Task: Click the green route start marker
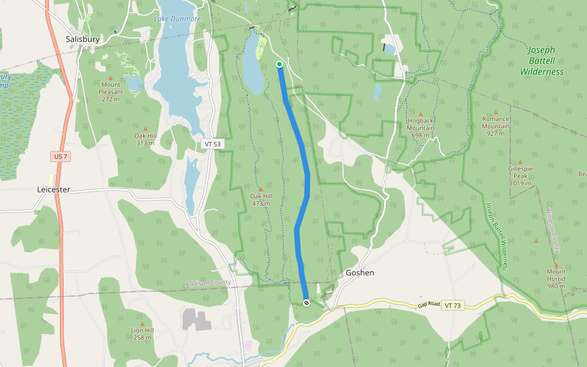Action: click(x=279, y=64)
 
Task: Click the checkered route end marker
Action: click(x=306, y=303)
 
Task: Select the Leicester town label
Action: click(x=54, y=190)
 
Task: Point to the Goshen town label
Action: click(x=360, y=273)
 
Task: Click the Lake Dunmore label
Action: click(x=177, y=19)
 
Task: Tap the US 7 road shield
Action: click(x=61, y=157)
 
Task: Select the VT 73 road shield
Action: click(x=452, y=305)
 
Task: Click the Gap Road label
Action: click(x=429, y=304)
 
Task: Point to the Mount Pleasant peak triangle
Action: click(x=111, y=78)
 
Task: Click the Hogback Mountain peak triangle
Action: click(x=421, y=114)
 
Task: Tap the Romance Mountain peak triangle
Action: click(x=496, y=113)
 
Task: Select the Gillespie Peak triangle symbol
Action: click(x=520, y=161)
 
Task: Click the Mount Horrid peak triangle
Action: click(x=556, y=265)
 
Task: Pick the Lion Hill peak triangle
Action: click(x=142, y=324)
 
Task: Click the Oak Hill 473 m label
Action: click(x=261, y=199)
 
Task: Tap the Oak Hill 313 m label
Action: click(x=145, y=139)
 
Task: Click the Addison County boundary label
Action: click(x=208, y=283)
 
